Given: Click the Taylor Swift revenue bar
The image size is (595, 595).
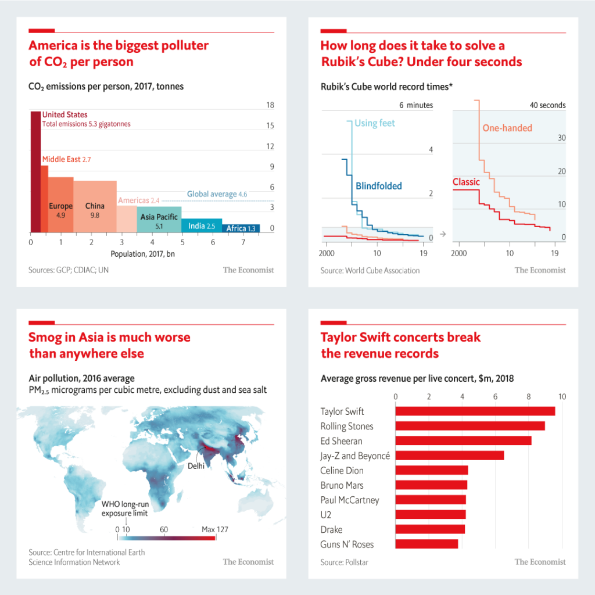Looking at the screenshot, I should [475, 411].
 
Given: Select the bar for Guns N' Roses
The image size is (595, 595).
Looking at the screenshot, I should [426, 544].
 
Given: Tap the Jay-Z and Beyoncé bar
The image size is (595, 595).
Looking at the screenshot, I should [449, 456].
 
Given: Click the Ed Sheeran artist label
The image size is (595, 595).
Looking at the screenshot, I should [341, 441].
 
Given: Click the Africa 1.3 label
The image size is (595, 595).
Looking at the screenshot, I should [241, 228].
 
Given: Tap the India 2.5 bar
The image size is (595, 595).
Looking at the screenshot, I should [202, 225].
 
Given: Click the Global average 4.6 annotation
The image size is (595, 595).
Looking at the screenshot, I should [217, 194].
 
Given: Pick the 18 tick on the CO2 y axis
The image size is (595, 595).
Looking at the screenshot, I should [270, 105].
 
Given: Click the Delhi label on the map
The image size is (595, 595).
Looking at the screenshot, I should [196, 466].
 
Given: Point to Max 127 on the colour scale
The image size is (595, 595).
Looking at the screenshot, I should [215, 529].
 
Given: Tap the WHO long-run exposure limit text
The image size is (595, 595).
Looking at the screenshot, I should [124, 508].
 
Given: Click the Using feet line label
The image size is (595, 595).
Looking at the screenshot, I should [375, 123].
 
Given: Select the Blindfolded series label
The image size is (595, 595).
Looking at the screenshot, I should [378, 186].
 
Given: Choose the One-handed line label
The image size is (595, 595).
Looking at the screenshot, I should [507, 128].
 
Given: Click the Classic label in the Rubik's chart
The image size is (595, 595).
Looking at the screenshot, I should [466, 182].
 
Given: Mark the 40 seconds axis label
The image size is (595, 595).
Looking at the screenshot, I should [547, 105].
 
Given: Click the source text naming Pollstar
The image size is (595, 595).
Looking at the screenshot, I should [345, 562].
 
